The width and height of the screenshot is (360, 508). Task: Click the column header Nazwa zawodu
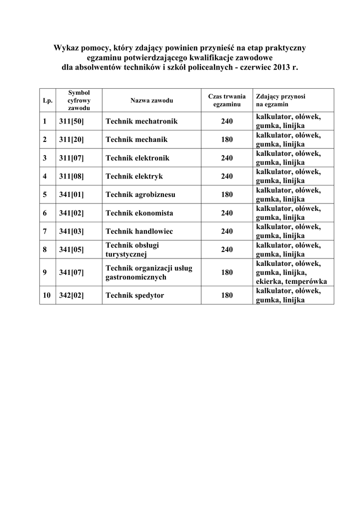151,101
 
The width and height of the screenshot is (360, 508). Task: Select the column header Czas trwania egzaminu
226,101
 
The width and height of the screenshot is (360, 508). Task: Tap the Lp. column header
48,101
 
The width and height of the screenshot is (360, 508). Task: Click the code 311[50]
72,121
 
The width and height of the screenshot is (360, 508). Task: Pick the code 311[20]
72,140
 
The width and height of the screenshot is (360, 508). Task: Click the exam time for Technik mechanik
226,140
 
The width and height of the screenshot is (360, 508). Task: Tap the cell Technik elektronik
138,158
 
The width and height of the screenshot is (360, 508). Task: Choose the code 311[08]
72,176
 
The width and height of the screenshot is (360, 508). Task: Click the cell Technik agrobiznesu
141,194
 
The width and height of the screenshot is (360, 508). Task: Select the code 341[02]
72,213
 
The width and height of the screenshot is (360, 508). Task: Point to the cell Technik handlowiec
139,231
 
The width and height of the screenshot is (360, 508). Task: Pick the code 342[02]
72,296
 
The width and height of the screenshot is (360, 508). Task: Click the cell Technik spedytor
135,296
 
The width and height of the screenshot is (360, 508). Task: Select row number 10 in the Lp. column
47,296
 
